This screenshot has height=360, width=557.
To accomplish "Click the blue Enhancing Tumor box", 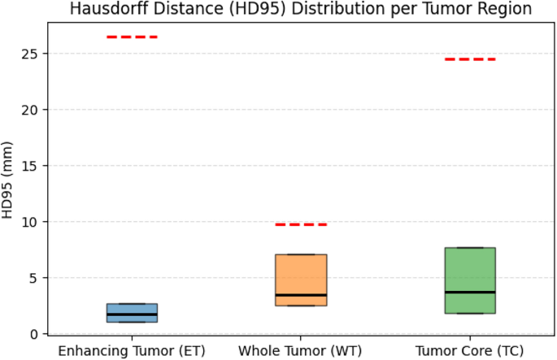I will (133, 309).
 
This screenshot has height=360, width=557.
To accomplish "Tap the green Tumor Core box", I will (470, 268).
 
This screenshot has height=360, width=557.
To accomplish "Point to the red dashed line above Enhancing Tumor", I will (133, 37).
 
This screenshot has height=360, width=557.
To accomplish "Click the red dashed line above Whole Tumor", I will (301, 224).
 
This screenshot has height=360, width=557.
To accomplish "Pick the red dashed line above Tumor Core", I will (470, 59).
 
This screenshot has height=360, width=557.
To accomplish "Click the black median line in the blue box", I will (133, 314).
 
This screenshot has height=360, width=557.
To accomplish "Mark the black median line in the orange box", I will (301, 295).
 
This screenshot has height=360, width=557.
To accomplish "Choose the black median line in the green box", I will (470, 292).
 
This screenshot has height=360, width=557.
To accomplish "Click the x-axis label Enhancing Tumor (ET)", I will (133, 350).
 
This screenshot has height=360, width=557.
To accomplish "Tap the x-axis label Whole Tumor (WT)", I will (301, 350).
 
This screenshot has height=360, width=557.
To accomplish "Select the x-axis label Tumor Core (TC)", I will (470, 350).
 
